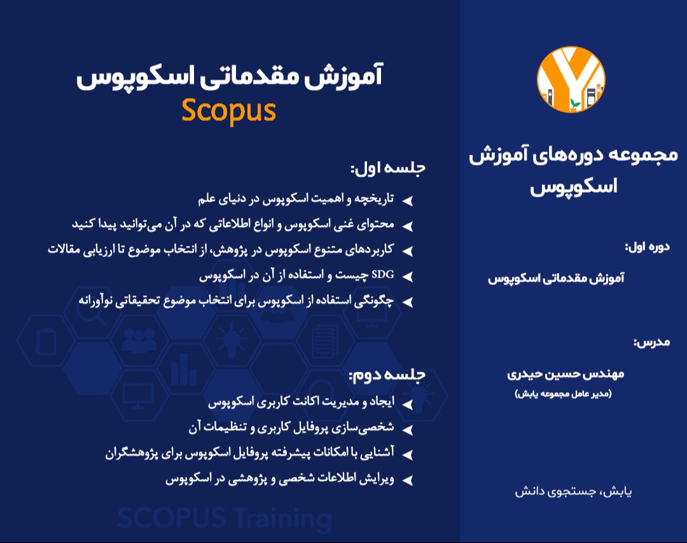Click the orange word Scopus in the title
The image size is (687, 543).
tap(228, 109)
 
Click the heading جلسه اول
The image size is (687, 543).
tap(387, 169)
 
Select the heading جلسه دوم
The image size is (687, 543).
tap(387, 375)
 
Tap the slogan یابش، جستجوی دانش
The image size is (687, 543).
tap(573, 492)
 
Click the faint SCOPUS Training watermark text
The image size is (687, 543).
tap(225, 518)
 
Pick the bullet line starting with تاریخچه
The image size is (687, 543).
tap(296, 199)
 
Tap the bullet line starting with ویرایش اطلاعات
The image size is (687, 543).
tap(280, 479)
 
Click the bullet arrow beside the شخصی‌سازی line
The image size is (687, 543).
tap(409, 429)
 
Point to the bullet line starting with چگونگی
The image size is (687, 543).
tap(236, 300)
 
